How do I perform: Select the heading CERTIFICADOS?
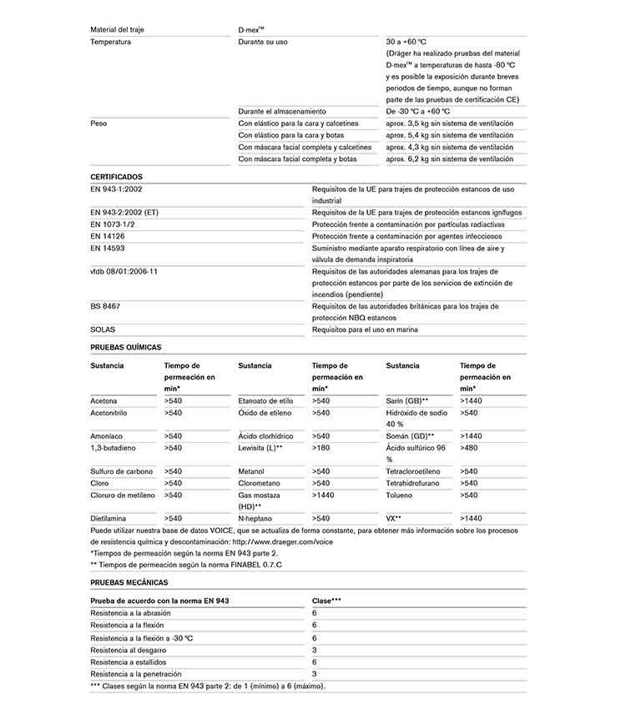(116, 177)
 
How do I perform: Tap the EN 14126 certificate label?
(107, 236)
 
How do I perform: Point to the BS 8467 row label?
(105, 306)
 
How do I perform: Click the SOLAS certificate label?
(103, 329)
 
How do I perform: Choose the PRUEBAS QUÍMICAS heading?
(125, 347)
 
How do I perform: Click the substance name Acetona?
(103, 401)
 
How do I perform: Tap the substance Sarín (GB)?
(407, 401)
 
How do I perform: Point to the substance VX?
(394, 518)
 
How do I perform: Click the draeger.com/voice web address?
(284, 541)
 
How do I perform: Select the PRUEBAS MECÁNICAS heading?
(129, 582)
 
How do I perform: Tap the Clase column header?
(326, 601)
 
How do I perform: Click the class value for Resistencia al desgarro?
(315, 650)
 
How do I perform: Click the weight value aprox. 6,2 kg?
(449, 158)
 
